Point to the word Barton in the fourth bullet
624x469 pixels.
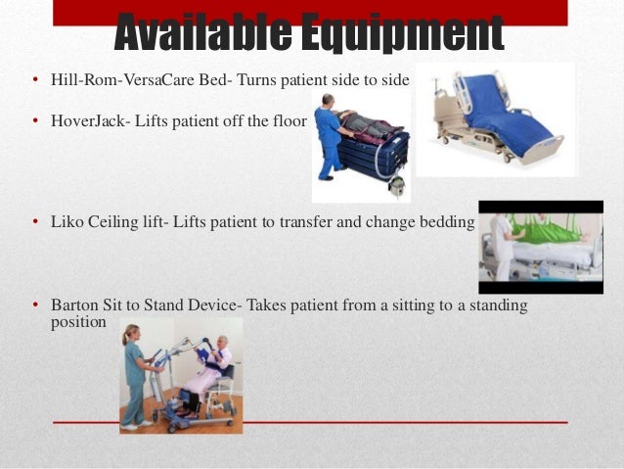pyautogui.click(x=72, y=305)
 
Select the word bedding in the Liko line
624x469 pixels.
pyautogui.click(x=448, y=222)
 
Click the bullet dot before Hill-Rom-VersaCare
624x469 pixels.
pyautogui.click(x=34, y=80)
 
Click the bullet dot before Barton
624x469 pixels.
pyautogui.click(x=34, y=306)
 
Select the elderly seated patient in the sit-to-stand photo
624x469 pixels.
pyautogui.click(x=217, y=367)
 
